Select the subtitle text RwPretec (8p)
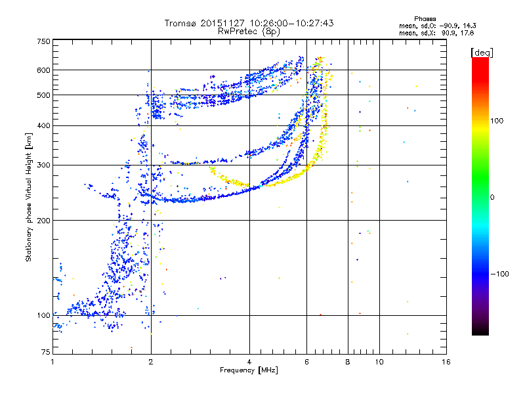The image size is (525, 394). [249, 32]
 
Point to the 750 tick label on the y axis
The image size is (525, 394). [44, 41]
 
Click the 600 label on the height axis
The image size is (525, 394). [44, 70]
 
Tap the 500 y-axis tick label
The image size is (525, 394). [44, 95]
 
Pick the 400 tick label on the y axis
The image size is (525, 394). [44, 126]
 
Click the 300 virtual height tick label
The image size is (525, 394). [44, 165]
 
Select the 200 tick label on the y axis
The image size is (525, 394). [44, 221]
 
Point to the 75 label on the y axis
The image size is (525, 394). [46, 352]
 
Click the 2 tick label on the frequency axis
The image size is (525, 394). [151, 362]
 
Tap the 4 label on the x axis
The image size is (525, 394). [249, 362]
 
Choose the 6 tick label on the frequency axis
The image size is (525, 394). [306, 362]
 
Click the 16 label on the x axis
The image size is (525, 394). [446, 362]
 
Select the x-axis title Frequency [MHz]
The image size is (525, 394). [249, 370]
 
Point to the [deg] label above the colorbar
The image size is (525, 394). [482, 53]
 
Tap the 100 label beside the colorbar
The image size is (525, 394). [497, 121]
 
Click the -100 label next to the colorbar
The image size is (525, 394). [499, 274]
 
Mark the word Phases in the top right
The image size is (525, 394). [425, 19]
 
